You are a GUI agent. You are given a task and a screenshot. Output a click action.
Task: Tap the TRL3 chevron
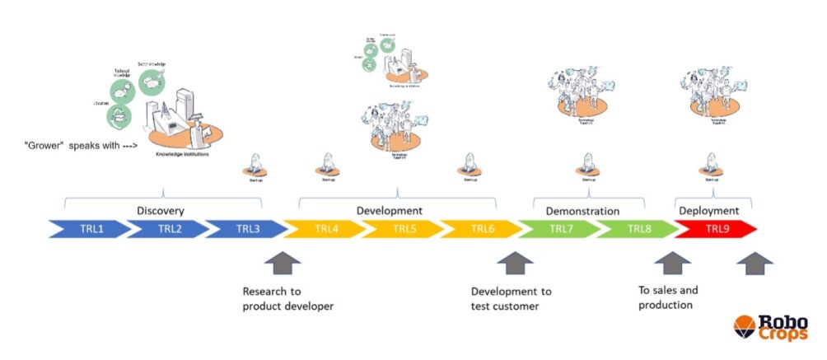(246, 228)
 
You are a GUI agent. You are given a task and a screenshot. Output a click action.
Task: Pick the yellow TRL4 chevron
(325, 228)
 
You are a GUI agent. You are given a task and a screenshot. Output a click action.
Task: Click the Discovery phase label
(161, 211)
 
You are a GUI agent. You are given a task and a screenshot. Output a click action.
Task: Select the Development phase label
(389, 211)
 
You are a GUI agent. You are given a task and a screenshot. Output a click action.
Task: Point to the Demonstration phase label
(582, 211)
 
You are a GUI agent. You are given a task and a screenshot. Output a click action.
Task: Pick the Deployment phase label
(708, 211)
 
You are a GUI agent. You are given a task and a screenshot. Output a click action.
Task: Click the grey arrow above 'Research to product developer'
(281, 264)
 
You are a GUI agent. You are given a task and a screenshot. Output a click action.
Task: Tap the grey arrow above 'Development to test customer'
(516, 264)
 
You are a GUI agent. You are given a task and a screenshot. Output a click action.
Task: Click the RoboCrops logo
(771, 328)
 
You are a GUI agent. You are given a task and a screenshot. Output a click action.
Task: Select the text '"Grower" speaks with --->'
(79, 145)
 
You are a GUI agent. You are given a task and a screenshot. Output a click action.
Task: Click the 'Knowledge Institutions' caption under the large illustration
(183, 155)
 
